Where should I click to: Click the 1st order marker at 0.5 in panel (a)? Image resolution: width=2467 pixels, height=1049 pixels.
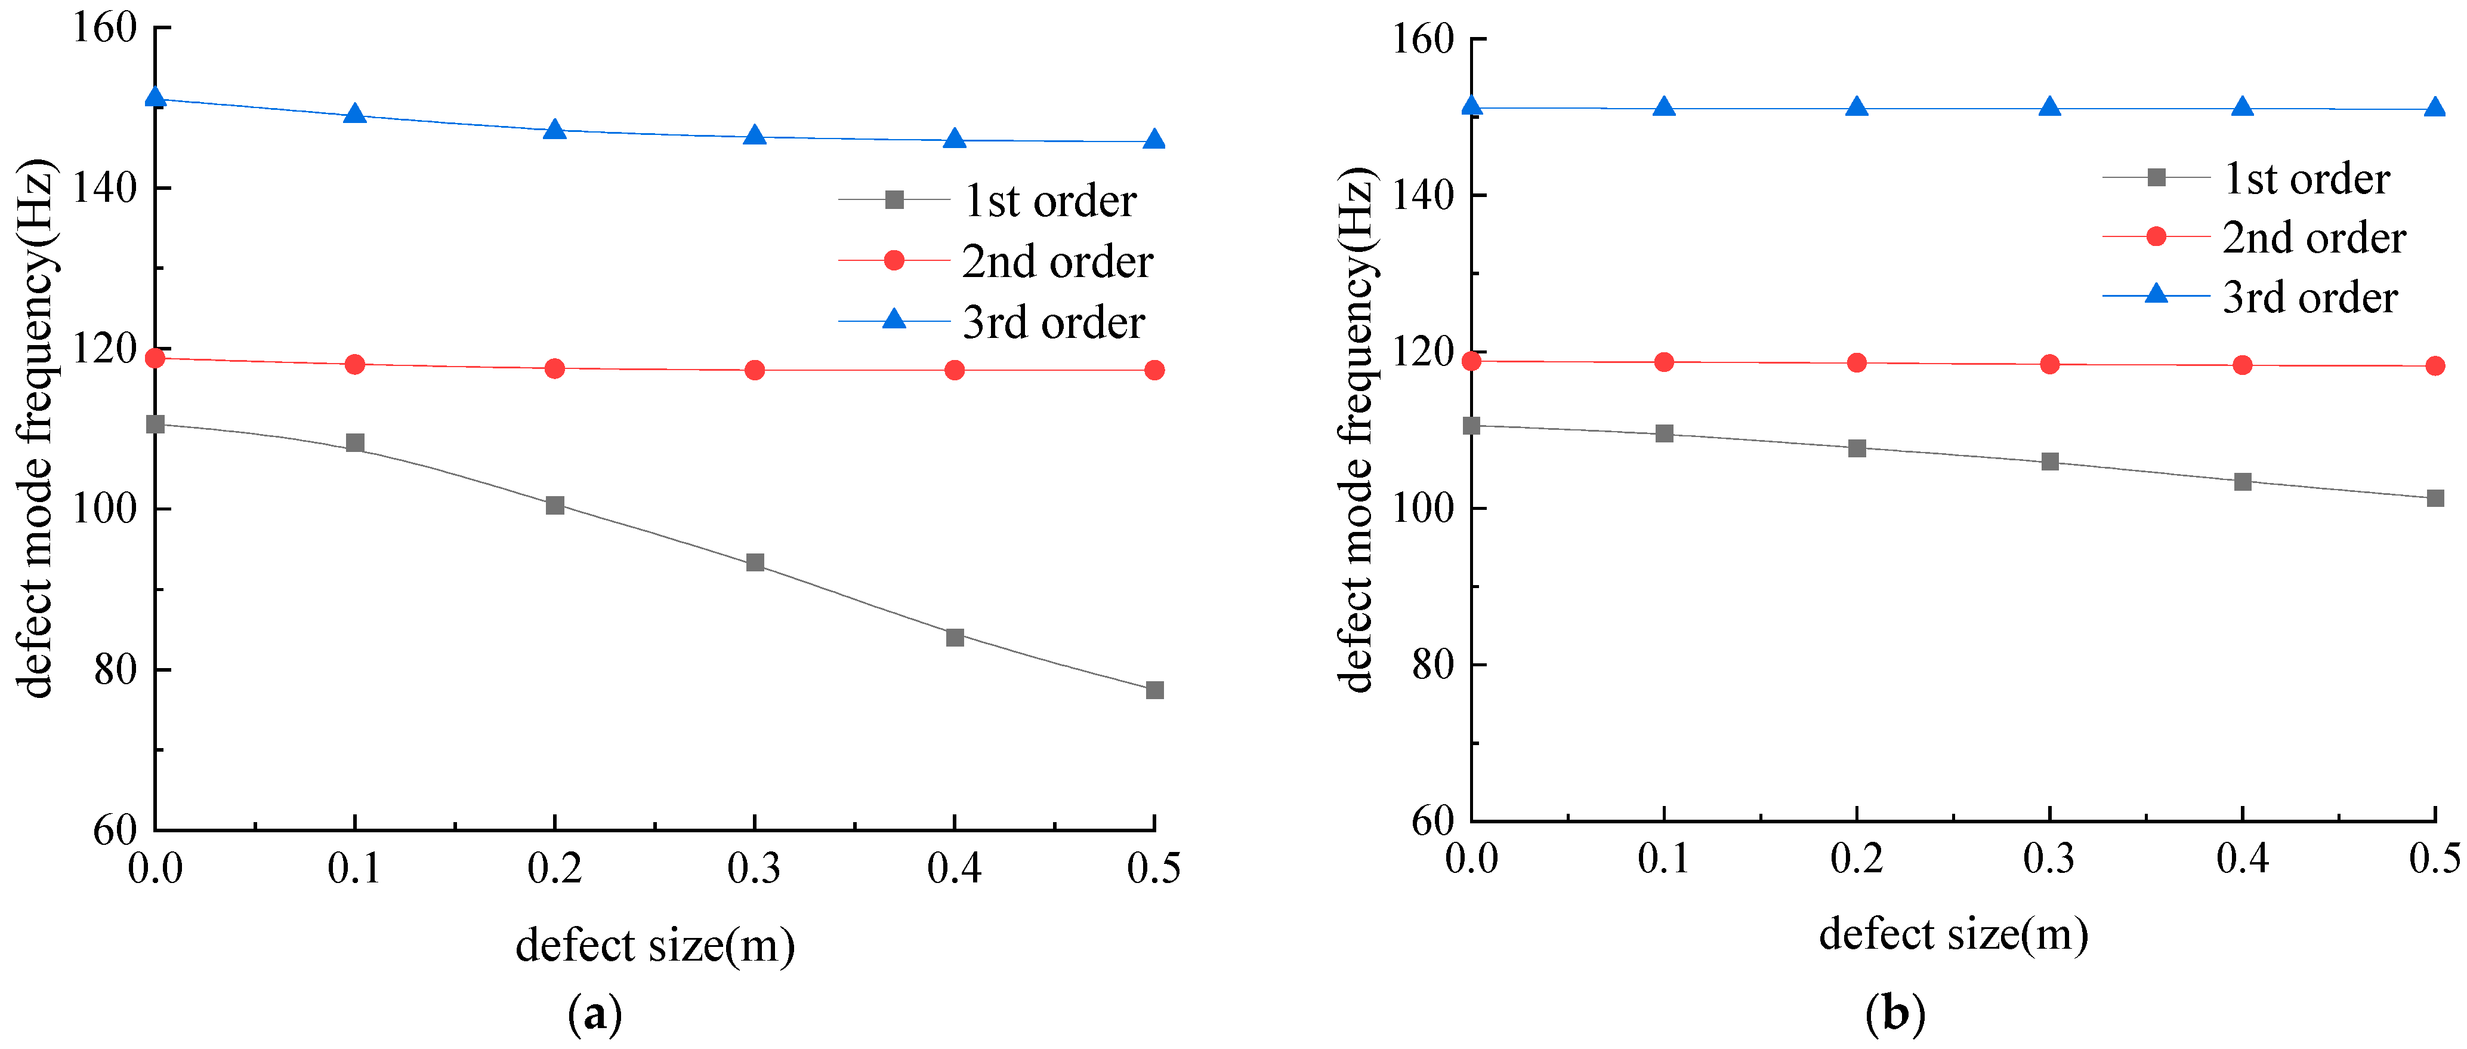(x=1154, y=690)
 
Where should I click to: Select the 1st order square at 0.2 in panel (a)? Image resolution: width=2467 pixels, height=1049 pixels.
(x=554, y=505)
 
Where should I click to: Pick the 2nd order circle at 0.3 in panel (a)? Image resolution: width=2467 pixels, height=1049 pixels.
(x=755, y=370)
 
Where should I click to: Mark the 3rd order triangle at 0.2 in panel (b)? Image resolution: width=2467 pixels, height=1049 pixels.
(x=1857, y=106)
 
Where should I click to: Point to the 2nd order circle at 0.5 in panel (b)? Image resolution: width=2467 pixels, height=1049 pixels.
(x=2434, y=366)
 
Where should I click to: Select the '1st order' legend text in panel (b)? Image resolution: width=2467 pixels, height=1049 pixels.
(x=2306, y=179)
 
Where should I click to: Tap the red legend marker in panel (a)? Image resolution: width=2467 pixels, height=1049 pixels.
(x=894, y=260)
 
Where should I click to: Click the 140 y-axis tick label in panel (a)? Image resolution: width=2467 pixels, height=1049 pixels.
(x=106, y=187)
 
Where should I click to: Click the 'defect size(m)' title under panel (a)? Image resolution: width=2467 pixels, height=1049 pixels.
(x=655, y=946)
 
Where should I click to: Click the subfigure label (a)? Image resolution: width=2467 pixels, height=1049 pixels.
(x=595, y=1014)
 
